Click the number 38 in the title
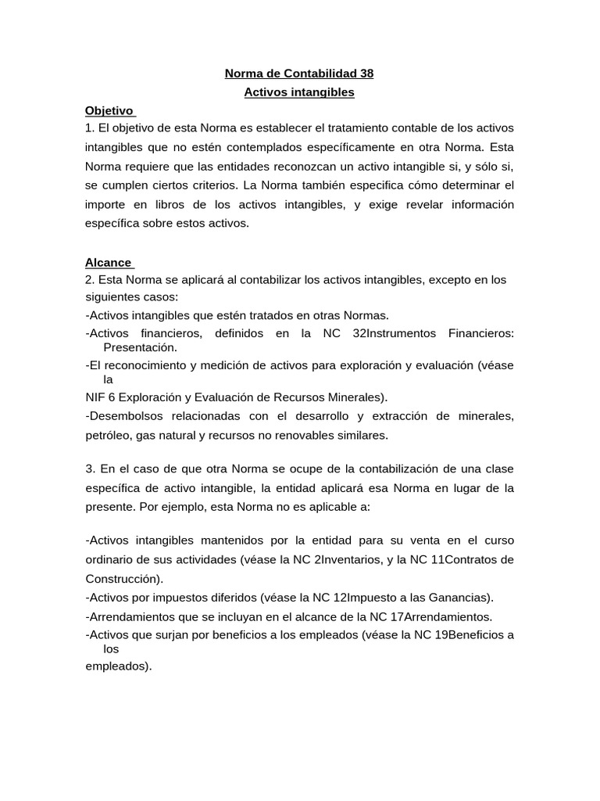366,74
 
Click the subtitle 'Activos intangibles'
299,92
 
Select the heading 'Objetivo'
109,111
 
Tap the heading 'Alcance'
108,263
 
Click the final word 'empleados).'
118,667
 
